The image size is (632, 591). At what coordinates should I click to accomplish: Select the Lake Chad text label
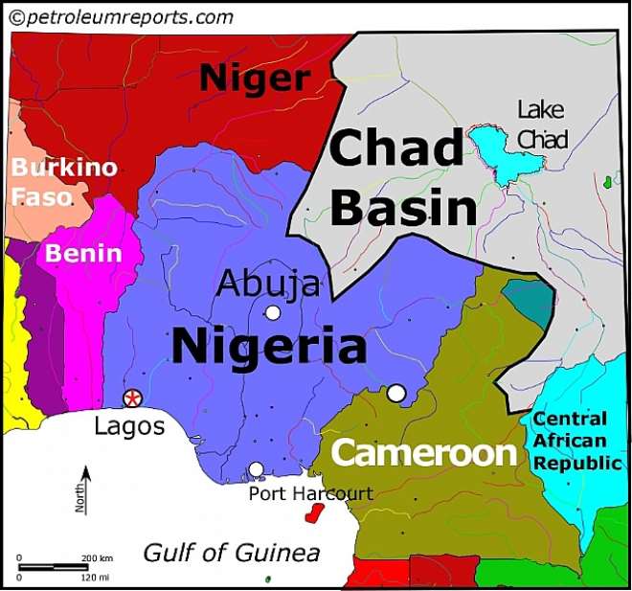542,124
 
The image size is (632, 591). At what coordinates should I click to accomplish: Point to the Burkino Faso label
63,182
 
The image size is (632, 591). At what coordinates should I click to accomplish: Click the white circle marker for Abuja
273,312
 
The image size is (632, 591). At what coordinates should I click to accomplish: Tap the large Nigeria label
268,347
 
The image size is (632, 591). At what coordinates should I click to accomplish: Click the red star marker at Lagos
132,398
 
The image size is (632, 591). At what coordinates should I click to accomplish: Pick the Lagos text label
129,426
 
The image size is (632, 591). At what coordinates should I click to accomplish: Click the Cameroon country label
423,453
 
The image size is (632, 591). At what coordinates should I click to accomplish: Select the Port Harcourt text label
310,494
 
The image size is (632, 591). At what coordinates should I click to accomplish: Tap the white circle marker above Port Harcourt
256,469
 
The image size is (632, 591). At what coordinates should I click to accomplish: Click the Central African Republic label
570,441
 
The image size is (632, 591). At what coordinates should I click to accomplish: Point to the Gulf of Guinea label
231,553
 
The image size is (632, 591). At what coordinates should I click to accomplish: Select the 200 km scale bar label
96,557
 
